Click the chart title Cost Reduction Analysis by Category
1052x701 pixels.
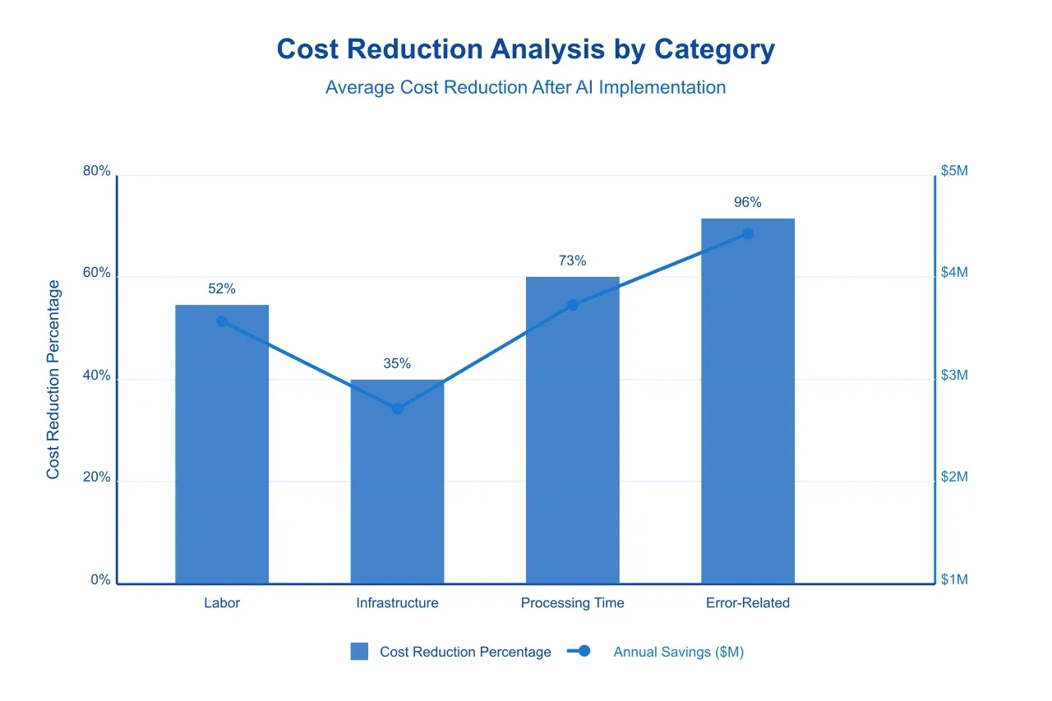525,49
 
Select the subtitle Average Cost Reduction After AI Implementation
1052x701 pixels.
525,87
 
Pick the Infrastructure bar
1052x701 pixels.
397,493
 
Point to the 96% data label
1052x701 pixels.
748,203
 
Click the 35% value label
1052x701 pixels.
397,363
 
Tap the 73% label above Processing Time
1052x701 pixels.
572,261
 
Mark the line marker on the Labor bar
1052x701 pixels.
222,321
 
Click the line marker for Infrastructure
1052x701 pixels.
397,408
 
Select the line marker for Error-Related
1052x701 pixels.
748,233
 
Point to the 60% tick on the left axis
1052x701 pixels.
96,274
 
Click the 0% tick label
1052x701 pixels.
100,580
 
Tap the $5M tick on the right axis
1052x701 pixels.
954,171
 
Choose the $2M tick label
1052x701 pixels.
954,477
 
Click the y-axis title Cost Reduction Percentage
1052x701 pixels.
53,380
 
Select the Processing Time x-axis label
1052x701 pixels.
572,603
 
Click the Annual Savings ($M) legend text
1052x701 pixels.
678,652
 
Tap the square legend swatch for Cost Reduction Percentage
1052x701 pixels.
359,652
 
